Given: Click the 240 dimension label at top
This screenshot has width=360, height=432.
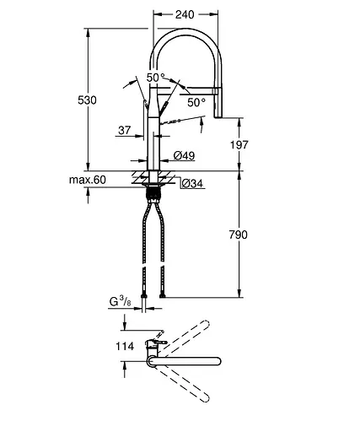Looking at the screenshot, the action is pyautogui.click(x=185, y=14).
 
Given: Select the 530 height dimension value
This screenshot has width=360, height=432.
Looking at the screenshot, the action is pyautogui.click(x=87, y=100).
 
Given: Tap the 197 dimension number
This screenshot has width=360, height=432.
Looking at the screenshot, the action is pyautogui.click(x=239, y=145).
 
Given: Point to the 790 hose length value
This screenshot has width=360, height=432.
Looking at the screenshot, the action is pyautogui.click(x=239, y=235).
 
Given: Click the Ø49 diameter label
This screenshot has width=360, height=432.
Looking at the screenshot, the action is pyautogui.click(x=184, y=155).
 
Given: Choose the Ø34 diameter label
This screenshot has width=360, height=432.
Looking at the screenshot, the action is pyautogui.click(x=192, y=184).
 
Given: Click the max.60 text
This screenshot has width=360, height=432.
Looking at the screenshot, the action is pyautogui.click(x=88, y=180).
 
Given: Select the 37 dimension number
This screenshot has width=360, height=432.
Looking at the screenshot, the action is pyautogui.click(x=125, y=130).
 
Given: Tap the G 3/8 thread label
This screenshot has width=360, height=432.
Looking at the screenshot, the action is pyautogui.click(x=120, y=302).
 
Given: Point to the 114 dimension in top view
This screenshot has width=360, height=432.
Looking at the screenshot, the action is pyautogui.click(x=125, y=346).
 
